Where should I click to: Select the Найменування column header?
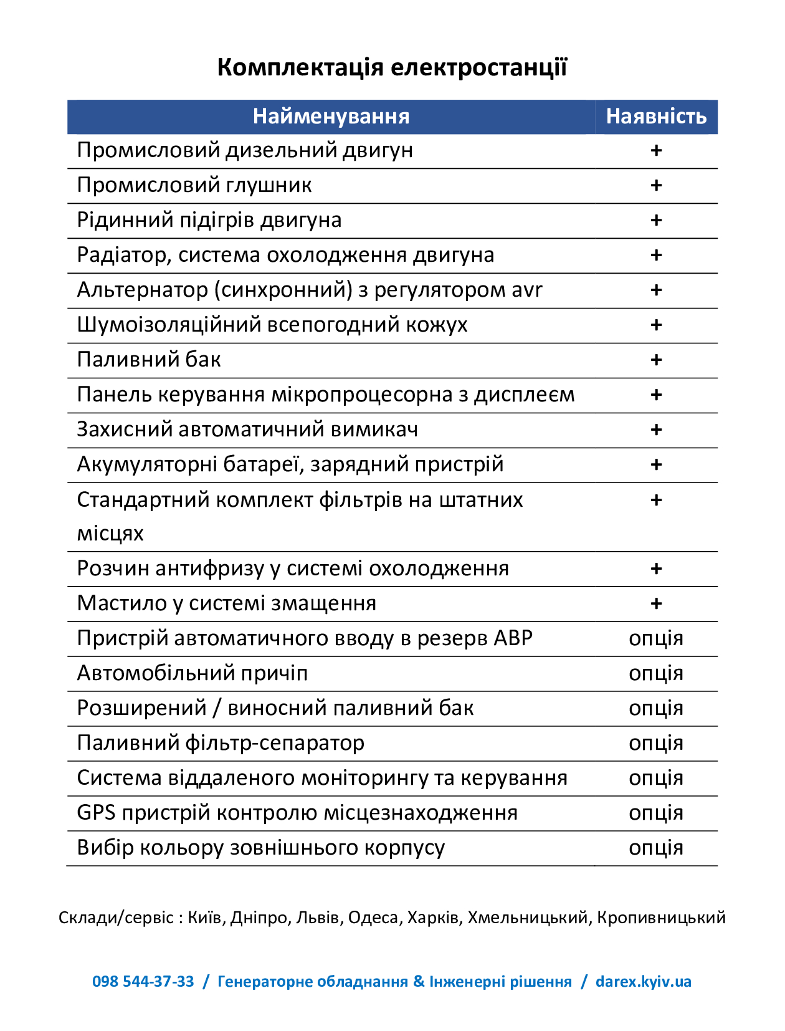(x=331, y=117)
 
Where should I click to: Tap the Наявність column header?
(x=656, y=117)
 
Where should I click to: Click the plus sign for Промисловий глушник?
(x=656, y=185)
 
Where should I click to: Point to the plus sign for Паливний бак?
(x=656, y=360)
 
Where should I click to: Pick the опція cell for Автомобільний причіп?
(x=656, y=673)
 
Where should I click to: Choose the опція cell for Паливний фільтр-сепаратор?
(x=656, y=743)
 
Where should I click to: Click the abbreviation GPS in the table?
(x=96, y=813)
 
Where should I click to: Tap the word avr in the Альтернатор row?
(x=527, y=290)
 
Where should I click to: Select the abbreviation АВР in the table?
(x=513, y=638)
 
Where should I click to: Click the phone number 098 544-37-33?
(x=143, y=982)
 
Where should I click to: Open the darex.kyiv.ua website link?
(x=644, y=982)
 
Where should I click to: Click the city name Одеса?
(x=373, y=918)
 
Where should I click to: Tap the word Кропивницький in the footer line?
(x=661, y=918)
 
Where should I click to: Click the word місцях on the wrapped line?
(x=110, y=534)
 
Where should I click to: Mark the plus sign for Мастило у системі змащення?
(x=656, y=603)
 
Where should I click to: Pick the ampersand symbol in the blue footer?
(x=419, y=982)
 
